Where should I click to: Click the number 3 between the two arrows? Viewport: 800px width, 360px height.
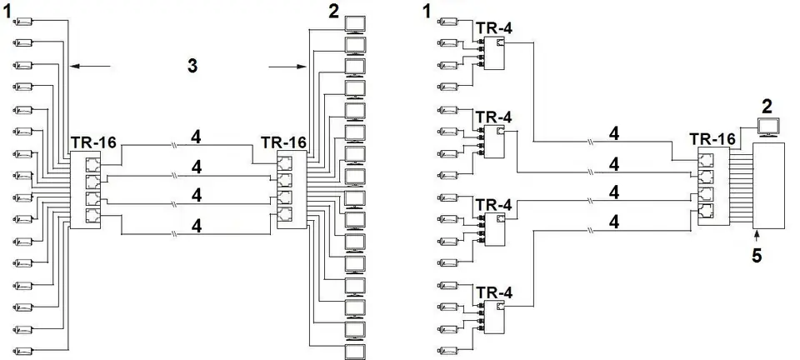(x=192, y=66)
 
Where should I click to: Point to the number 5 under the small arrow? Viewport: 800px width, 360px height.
(x=757, y=255)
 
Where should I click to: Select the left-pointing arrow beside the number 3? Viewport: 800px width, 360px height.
(x=90, y=66)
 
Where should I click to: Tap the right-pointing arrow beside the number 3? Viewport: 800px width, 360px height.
(x=287, y=67)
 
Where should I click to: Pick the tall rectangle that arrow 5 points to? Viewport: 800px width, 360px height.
(x=769, y=186)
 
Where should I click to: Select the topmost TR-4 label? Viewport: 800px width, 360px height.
(x=493, y=28)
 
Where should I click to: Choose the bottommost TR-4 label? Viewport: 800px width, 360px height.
(x=493, y=292)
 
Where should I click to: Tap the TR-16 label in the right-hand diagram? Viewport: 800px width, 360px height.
(x=712, y=138)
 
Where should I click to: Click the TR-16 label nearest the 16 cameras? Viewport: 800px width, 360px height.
(x=93, y=142)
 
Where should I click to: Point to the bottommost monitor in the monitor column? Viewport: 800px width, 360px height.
(x=356, y=352)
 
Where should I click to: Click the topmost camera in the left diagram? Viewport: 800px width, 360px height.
(x=24, y=22)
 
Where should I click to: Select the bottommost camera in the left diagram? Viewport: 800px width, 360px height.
(x=24, y=350)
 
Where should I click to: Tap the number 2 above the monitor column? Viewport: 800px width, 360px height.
(x=333, y=12)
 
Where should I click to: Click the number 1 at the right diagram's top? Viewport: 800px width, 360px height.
(x=427, y=12)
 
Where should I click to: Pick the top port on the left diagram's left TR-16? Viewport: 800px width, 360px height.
(x=93, y=165)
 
